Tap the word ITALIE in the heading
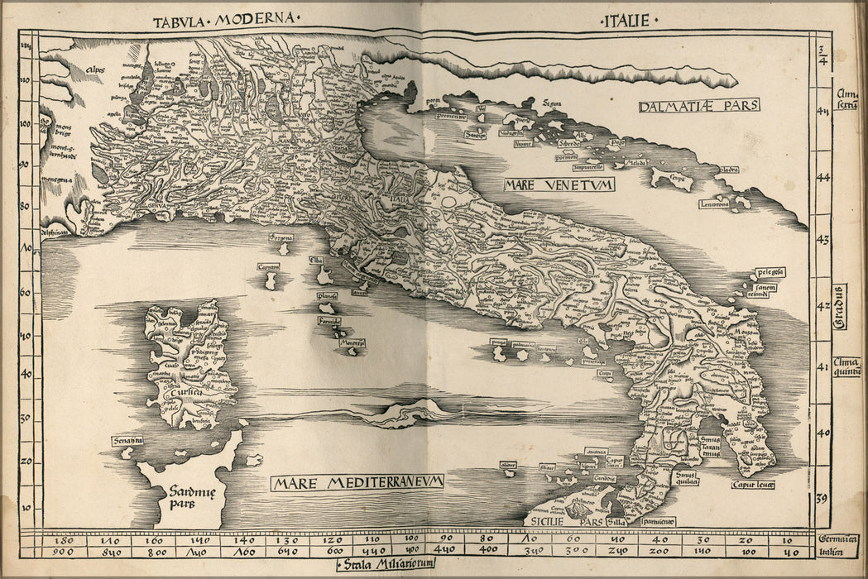[x=626, y=20]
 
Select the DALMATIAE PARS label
[x=699, y=106]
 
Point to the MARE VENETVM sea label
[x=559, y=184]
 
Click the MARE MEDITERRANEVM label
[x=359, y=481]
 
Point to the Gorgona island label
[x=281, y=237]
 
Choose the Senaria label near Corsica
[x=127, y=441]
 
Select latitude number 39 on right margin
[x=822, y=499]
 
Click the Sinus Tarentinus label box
[x=707, y=448]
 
